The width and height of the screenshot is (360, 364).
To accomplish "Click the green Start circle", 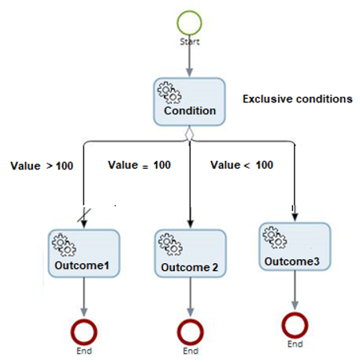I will click(190, 19).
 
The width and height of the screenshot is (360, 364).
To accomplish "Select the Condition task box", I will click(189, 102).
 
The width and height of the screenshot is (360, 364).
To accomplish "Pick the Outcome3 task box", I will click(293, 247).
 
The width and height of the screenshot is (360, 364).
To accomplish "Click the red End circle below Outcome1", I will click(83, 331).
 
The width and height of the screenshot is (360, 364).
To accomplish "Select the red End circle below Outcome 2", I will click(189, 331).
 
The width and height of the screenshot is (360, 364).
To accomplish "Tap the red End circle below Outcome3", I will click(294, 325).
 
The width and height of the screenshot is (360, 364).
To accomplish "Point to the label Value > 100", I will click(41, 166).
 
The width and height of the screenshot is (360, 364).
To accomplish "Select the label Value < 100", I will click(242, 165).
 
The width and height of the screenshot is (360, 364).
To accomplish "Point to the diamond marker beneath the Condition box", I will click(189, 136).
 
